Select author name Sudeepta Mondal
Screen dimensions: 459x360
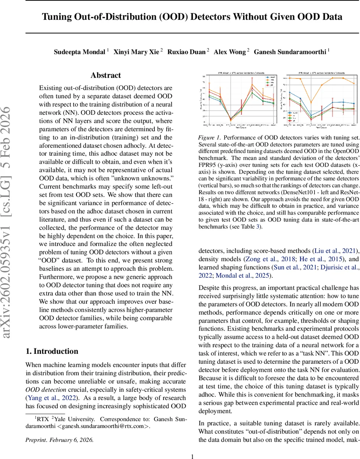(79, 52)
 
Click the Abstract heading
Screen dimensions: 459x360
(106, 75)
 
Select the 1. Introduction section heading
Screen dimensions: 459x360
(52, 351)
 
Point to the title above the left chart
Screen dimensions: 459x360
(240, 73)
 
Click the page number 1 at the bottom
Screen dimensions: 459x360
(193, 453)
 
